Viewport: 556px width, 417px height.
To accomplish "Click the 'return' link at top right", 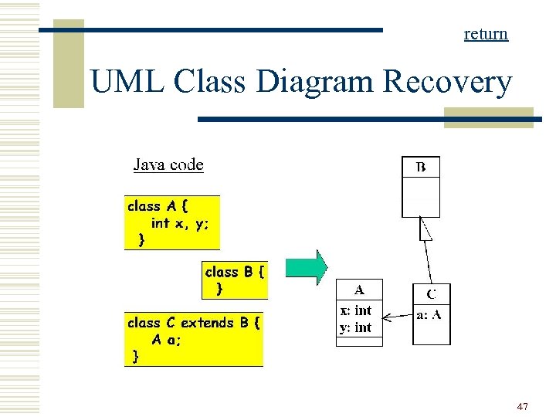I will (x=486, y=33).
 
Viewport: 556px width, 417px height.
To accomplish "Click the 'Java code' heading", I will (x=168, y=164).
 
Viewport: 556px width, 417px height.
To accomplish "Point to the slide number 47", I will (x=522, y=406).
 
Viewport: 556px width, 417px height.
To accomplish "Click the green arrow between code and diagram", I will (x=307, y=268).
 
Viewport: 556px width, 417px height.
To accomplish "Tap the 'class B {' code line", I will (x=235, y=272).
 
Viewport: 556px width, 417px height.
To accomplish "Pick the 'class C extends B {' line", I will (x=193, y=323).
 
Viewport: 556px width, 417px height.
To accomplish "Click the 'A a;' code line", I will (x=166, y=340).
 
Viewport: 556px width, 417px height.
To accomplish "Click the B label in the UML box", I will (x=421, y=167).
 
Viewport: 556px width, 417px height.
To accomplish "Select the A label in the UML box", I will (x=359, y=290).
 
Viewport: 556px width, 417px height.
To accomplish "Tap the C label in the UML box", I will (x=431, y=294).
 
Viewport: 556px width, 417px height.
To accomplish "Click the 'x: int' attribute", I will (x=355, y=310).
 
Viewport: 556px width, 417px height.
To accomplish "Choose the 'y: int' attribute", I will (x=355, y=327).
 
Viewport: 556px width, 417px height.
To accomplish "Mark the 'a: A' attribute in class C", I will (x=429, y=314).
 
